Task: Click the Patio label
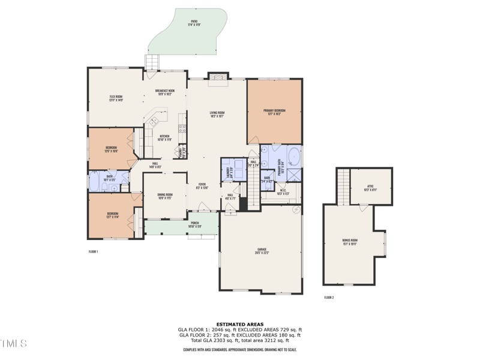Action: click(x=194, y=22)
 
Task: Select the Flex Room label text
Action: click(x=116, y=98)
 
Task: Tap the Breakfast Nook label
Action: click(x=164, y=92)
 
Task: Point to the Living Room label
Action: click(x=217, y=114)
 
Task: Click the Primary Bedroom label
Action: click(x=274, y=112)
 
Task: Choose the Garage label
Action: click(x=260, y=252)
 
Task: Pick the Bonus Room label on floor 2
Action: click(x=349, y=242)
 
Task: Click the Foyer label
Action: click(x=202, y=186)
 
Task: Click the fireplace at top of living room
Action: click(x=217, y=77)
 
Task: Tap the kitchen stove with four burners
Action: click(x=182, y=128)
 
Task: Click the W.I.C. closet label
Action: click(x=283, y=193)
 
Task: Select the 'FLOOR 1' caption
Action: click(x=93, y=251)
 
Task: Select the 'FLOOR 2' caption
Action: click(x=329, y=298)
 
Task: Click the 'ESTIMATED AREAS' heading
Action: click(x=240, y=324)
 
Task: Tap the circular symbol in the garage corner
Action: click(x=295, y=210)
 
